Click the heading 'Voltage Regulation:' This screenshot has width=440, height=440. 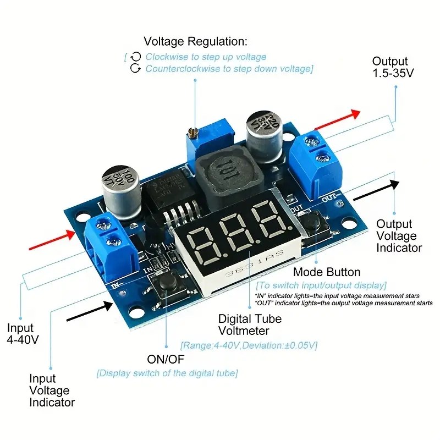(195, 41)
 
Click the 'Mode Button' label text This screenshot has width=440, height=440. (327, 272)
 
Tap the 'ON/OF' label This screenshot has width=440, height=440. (166, 360)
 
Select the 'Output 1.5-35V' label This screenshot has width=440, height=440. (393, 67)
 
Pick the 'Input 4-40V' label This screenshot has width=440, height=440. (23, 334)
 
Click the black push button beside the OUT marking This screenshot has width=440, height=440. (312, 222)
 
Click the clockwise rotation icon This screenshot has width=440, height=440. (136, 57)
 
